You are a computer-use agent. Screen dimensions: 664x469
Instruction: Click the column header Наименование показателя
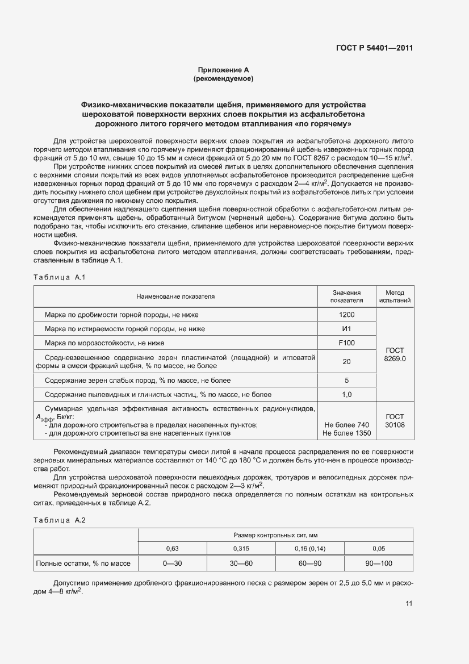tap(175, 296)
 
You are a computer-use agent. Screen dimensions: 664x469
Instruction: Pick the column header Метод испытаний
tap(395, 296)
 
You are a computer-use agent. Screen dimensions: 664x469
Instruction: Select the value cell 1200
tap(346, 315)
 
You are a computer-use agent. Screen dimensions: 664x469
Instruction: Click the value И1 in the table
tap(346, 329)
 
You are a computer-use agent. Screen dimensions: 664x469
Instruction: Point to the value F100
tap(346, 343)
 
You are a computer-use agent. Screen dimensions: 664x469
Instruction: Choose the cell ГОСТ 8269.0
tap(395, 355)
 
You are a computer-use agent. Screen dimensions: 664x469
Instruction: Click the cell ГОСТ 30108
tap(395, 420)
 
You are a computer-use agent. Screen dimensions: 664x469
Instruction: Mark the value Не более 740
tap(346, 425)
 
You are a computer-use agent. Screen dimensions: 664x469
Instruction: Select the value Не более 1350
tap(346, 433)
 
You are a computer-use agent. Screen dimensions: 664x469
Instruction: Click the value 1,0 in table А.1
tap(346, 394)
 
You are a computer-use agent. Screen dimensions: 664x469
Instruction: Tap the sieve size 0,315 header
tap(241, 549)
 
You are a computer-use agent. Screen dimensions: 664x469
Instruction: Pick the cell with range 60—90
tap(310, 563)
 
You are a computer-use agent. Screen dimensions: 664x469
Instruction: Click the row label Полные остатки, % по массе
tap(83, 563)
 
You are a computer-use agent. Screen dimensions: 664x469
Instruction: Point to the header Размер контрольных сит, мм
tap(275, 535)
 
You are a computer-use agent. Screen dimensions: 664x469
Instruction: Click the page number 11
tap(408, 604)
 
